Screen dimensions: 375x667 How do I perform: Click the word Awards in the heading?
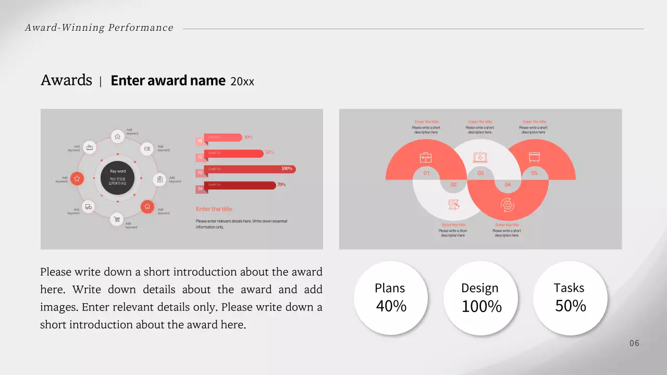pyautogui.click(x=66, y=80)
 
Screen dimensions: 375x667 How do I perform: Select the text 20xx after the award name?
pyautogui.click(x=242, y=81)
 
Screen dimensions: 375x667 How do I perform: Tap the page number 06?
pyautogui.click(x=634, y=343)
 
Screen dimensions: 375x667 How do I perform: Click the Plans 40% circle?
pyautogui.click(x=390, y=297)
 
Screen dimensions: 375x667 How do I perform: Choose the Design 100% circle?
pyautogui.click(x=480, y=298)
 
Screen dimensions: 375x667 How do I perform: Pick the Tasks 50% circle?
pyautogui.click(x=570, y=297)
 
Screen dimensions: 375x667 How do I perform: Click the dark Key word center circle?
pyautogui.click(x=117, y=178)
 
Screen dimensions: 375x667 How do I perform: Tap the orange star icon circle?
pyautogui.click(x=77, y=179)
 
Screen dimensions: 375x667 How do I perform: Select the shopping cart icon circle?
pyautogui.click(x=117, y=219)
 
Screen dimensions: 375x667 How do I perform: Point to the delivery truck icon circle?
pyautogui.click(x=88, y=207)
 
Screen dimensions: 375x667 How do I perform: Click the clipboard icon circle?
pyautogui.click(x=159, y=179)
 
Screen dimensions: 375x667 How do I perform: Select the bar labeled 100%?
pyautogui.click(x=250, y=169)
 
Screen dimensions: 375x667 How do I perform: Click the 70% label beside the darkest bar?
pyautogui.click(x=281, y=184)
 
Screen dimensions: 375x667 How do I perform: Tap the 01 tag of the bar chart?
pyautogui.click(x=200, y=141)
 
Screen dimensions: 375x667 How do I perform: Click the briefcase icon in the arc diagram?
pyautogui.click(x=426, y=157)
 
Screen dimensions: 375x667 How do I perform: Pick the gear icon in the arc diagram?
pyautogui.click(x=507, y=205)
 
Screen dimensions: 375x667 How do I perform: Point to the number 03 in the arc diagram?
pyautogui.click(x=480, y=173)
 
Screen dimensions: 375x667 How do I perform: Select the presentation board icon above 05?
pyautogui.click(x=534, y=157)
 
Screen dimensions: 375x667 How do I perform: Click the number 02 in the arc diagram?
pyautogui.click(x=453, y=184)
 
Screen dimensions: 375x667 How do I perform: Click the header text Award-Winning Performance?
pyautogui.click(x=99, y=28)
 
